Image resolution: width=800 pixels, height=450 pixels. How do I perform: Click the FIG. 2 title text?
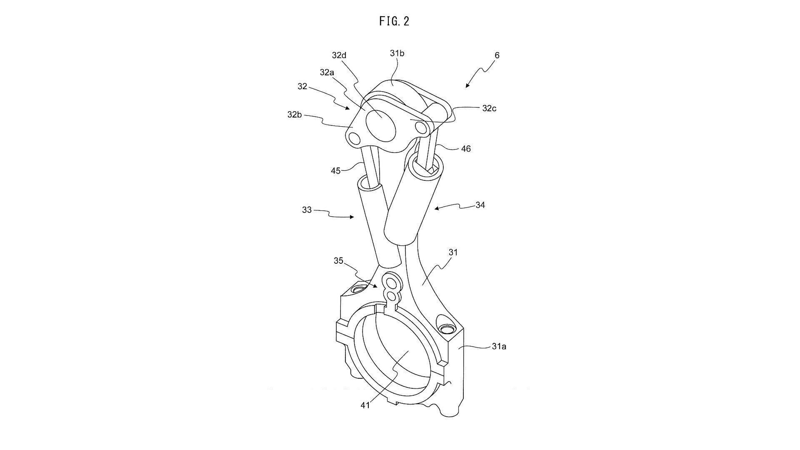pyautogui.click(x=394, y=21)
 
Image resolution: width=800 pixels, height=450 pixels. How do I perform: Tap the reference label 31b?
pyautogui.click(x=397, y=53)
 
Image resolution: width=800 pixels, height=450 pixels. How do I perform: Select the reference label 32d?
pyautogui.click(x=339, y=55)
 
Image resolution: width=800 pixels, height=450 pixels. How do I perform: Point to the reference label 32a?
pyautogui.click(x=327, y=72)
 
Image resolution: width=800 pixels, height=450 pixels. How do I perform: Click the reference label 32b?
pyautogui.click(x=295, y=114)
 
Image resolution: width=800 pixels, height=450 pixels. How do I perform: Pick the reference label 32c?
pyautogui.click(x=489, y=108)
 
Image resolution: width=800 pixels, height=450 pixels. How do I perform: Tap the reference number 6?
pyautogui.click(x=497, y=55)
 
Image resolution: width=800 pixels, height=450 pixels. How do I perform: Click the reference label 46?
pyautogui.click(x=466, y=149)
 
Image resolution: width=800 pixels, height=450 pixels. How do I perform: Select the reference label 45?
pyautogui.click(x=335, y=170)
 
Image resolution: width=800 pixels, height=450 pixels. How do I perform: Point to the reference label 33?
pyautogui.click(x=307, y=210)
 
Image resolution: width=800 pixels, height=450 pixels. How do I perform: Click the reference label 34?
pyautogui.click(x=480, y=205)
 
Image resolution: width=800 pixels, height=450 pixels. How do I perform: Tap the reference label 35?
pyautogui.click(x=338, y=260)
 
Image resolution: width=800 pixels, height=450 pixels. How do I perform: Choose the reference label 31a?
pyautogui.click(x=499, y=346)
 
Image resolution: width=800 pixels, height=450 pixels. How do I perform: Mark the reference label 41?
pyautogui.click(x=365, y=405)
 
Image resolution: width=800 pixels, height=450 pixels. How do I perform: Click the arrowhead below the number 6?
pyautogui.click(x=467, y=85)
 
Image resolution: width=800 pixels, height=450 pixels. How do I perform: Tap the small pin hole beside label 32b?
pyautogui.click(x=354, y=138)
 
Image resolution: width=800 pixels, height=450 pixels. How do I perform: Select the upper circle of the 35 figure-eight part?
pyautogui.click(x=392, y=283)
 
